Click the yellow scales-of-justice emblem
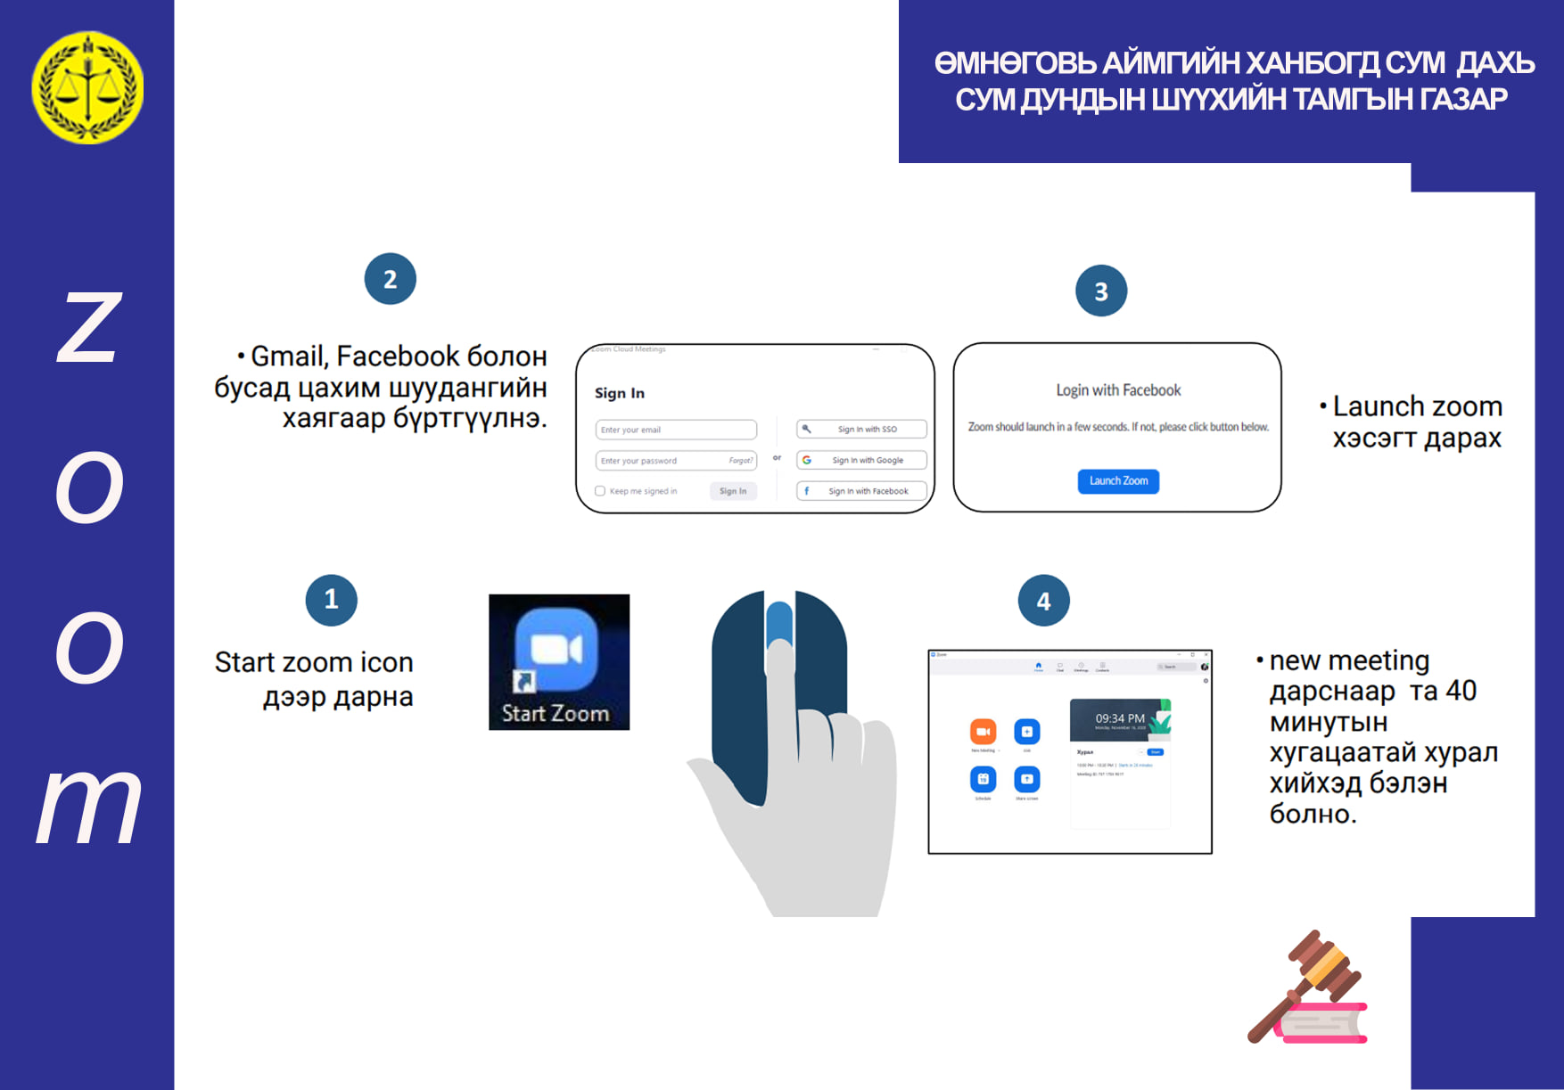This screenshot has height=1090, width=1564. tap(87, 87)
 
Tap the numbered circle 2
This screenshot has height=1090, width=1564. tap(390, 279)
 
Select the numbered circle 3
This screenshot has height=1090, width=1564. tap(1100, 291)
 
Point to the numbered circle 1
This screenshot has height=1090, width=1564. tap(331, 600)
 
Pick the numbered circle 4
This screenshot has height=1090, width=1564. tap(1043, 601)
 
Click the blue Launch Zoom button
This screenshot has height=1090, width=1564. tap(1118, 481)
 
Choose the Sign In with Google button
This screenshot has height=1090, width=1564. tap(861, 460)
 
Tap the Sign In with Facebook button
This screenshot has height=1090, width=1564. tap(861, 491)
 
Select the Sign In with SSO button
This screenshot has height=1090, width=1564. tap(861, 429)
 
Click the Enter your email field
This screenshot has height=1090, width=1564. tap(675, 430)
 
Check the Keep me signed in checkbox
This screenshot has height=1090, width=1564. tap(600, 491)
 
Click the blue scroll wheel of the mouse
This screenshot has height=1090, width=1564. tap(779, 624)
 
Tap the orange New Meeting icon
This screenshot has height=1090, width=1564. tap(983, 732)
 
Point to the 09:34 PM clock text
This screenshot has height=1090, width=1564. tap(1119, 718)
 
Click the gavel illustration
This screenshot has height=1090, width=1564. tap(1307, 988)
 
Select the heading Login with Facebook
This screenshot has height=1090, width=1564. tap(1118, 390)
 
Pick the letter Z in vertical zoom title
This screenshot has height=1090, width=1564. tap(89, 328)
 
